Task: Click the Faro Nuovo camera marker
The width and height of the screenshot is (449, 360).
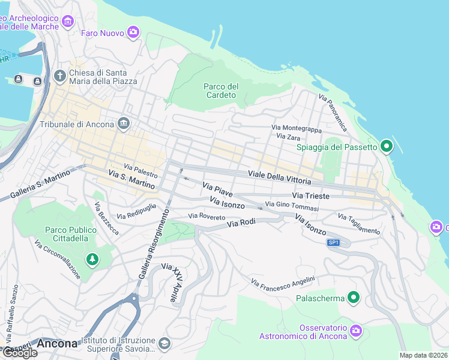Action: click(x=133, y=32)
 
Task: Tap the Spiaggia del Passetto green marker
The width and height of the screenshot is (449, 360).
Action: click(x=387, y=146)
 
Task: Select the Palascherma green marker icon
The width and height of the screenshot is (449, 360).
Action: click(x=354, y=298)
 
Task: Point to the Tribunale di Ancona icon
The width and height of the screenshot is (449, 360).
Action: click(x=124, y=124)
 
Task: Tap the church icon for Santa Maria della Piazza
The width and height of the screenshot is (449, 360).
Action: click(x=59, y=76)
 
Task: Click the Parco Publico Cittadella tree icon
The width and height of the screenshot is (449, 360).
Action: click(x=92, y=259)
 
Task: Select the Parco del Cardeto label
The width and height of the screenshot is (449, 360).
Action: click(x=221, y=91)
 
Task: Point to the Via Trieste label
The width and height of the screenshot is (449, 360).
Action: click(x=310, y=196)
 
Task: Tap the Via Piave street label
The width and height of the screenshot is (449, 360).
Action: click(x=217, y=188)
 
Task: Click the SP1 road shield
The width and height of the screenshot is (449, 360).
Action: click(x=334, y=242)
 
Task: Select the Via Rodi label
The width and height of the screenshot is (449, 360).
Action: click(x=241, y=223)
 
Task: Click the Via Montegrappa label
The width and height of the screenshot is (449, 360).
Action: click(x=297, y=128)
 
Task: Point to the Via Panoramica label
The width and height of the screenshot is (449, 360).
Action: click(x=333, y=113)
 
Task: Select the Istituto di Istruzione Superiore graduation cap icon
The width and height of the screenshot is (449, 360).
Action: click(x=164, y=344)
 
